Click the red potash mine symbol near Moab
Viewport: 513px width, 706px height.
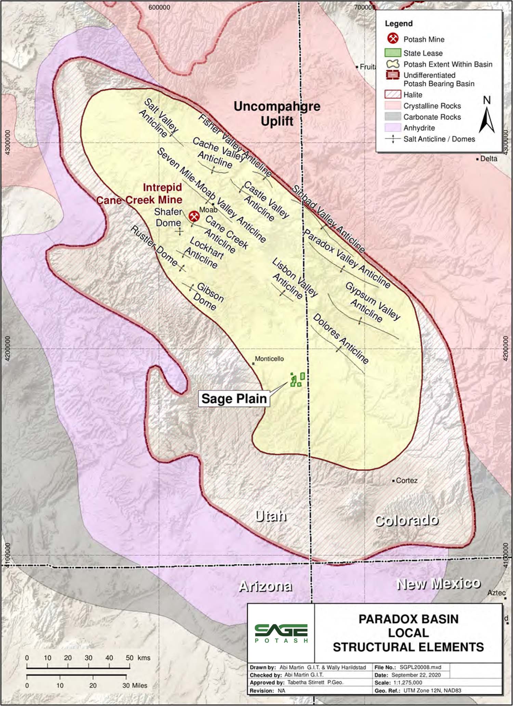pos(194,216)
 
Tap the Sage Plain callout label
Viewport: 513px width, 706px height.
pos(234,399)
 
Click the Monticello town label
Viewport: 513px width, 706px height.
pos(269,359)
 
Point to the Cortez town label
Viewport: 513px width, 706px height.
pos(406,480)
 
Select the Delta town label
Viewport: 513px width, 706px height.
pos(488,159)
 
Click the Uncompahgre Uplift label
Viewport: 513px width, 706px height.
pos(277,113)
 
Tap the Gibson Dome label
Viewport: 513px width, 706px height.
pos(208,297)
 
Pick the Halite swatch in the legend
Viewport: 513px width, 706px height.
pos(393,94)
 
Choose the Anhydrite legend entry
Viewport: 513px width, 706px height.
pos(419,128)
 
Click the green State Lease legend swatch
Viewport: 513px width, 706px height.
pos(393,53)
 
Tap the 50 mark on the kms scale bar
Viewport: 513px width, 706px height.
pos(130,658)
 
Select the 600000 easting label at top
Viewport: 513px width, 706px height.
pos(159,8)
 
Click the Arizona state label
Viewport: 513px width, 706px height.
pos(265,586)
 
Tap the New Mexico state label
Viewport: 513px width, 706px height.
pos(438,583)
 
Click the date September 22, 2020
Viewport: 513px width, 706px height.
pos(416,675)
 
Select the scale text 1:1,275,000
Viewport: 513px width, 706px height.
pos(407,682)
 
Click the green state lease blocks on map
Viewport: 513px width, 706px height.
pos(297,379)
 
